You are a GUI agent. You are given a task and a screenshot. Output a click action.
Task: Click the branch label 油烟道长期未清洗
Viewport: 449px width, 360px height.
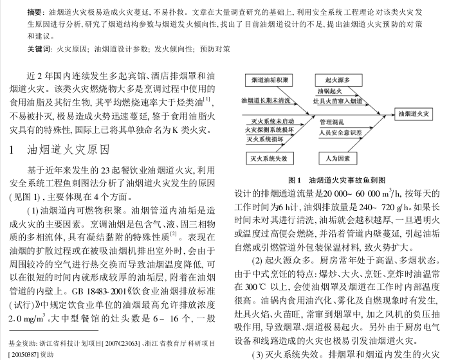(x=269, y=100)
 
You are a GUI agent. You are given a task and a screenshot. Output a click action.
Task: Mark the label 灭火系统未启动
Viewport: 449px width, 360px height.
(x=271, y=120)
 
